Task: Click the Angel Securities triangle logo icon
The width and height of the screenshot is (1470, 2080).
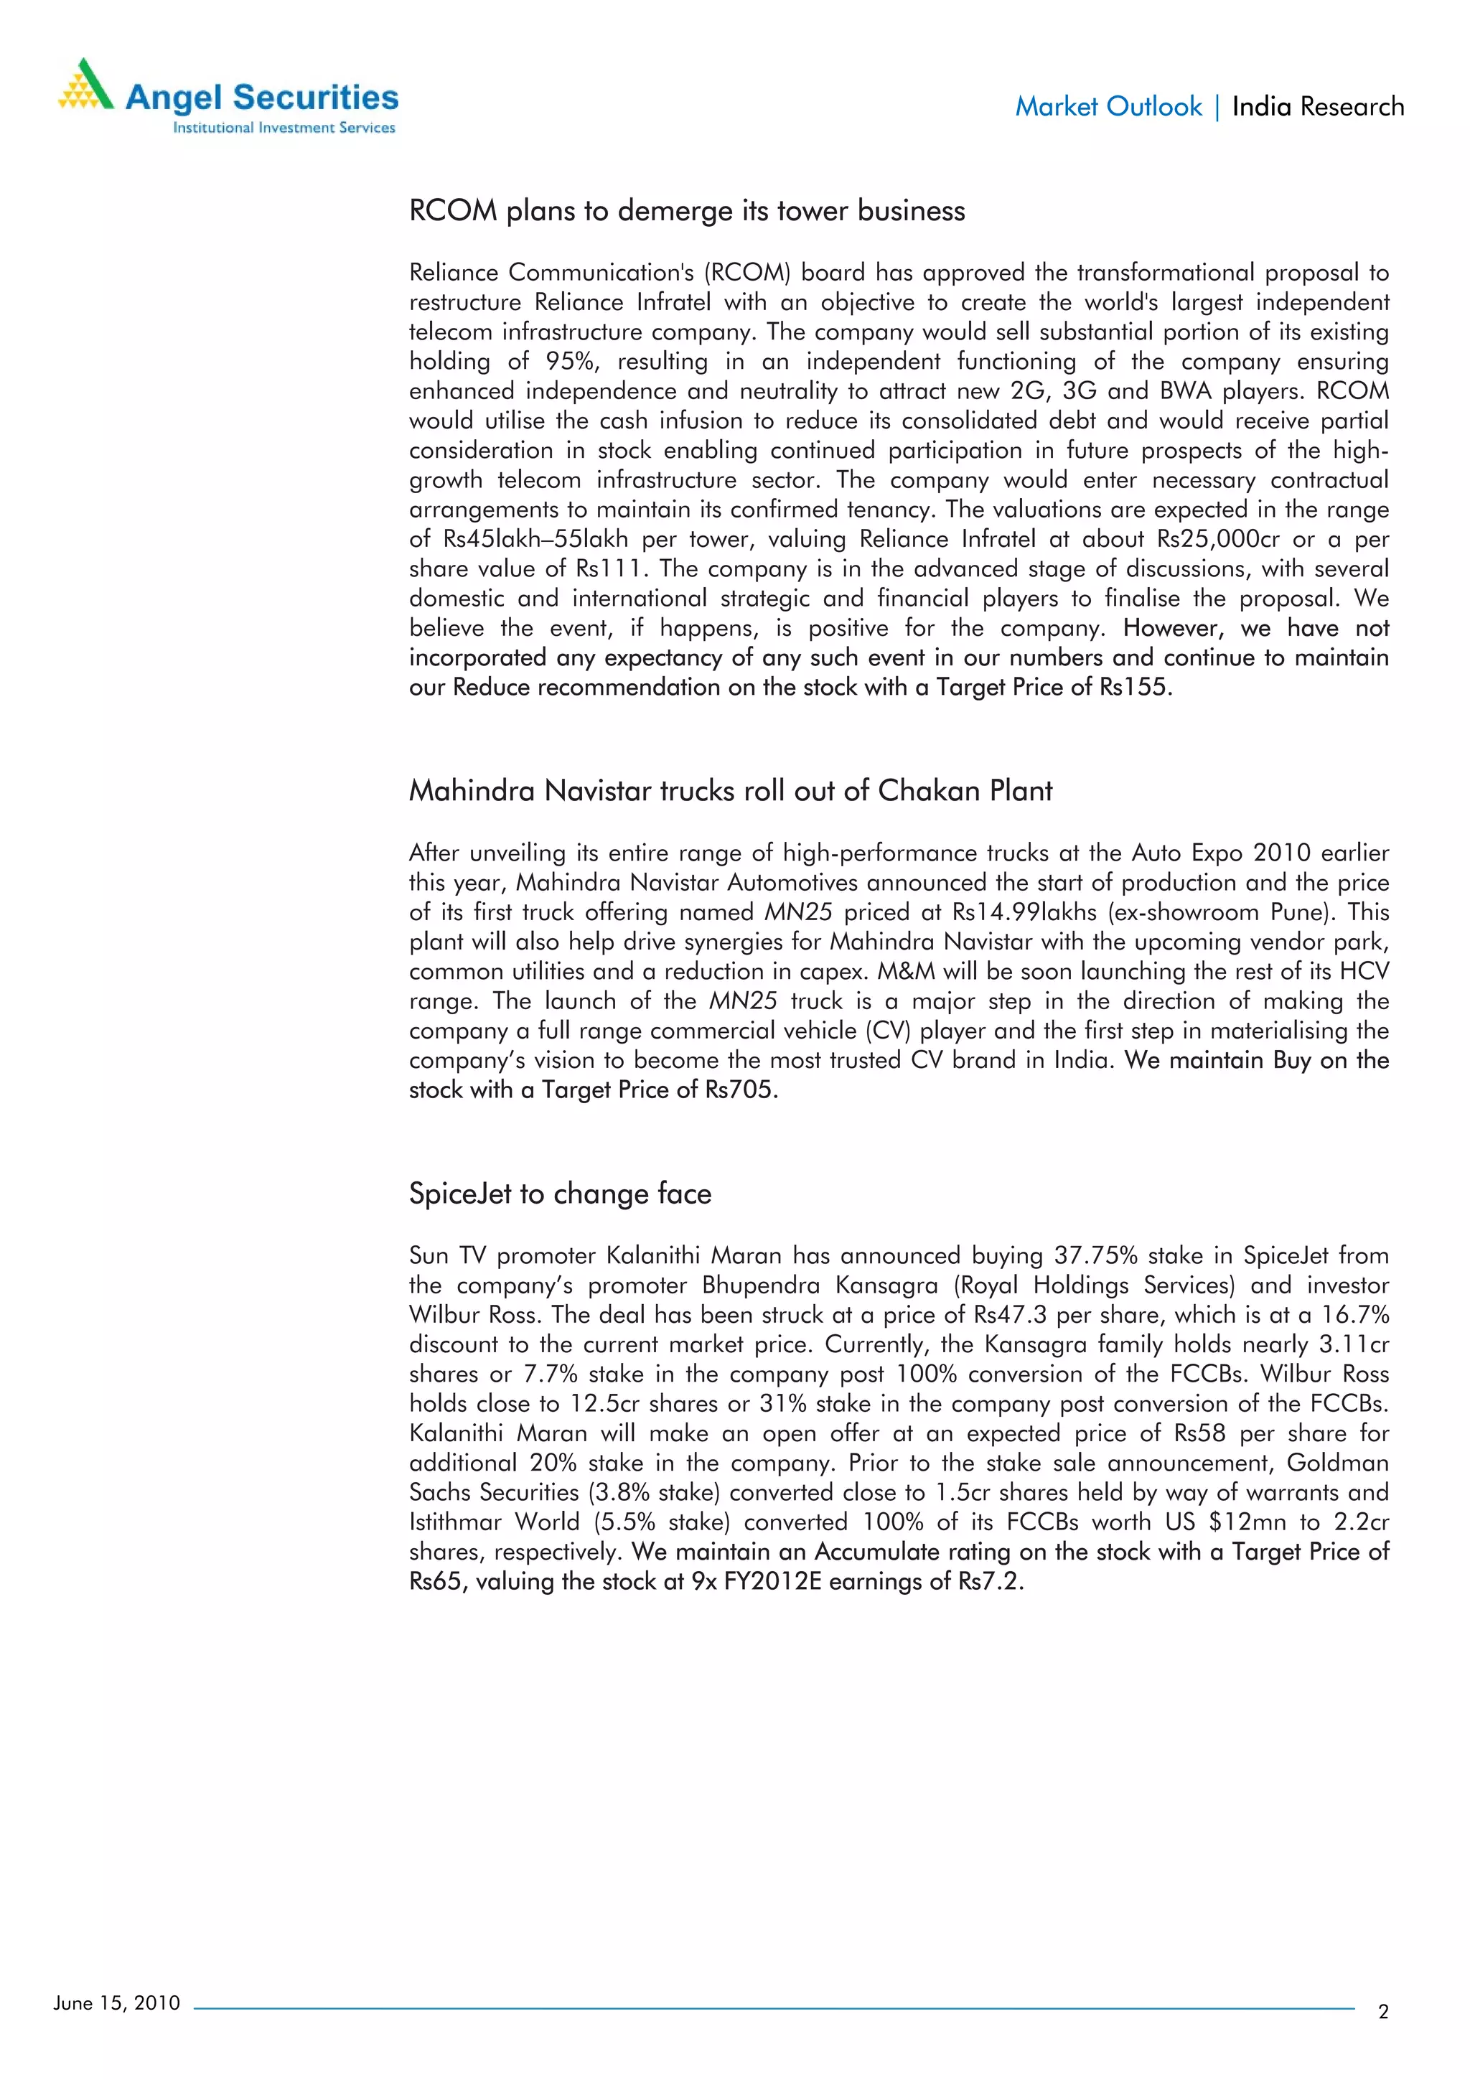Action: (86, 85)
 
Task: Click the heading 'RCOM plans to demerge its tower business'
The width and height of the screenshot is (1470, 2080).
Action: (686, 211)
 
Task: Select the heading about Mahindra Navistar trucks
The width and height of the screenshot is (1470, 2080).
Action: (730, 791)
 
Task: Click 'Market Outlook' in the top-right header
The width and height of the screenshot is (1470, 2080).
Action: (1108, 107)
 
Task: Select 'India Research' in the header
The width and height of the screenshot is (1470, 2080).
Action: (1318, 107)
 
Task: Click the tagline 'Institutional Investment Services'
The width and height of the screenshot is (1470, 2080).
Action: (284, 128)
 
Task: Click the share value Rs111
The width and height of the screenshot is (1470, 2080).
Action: (609, 569)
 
